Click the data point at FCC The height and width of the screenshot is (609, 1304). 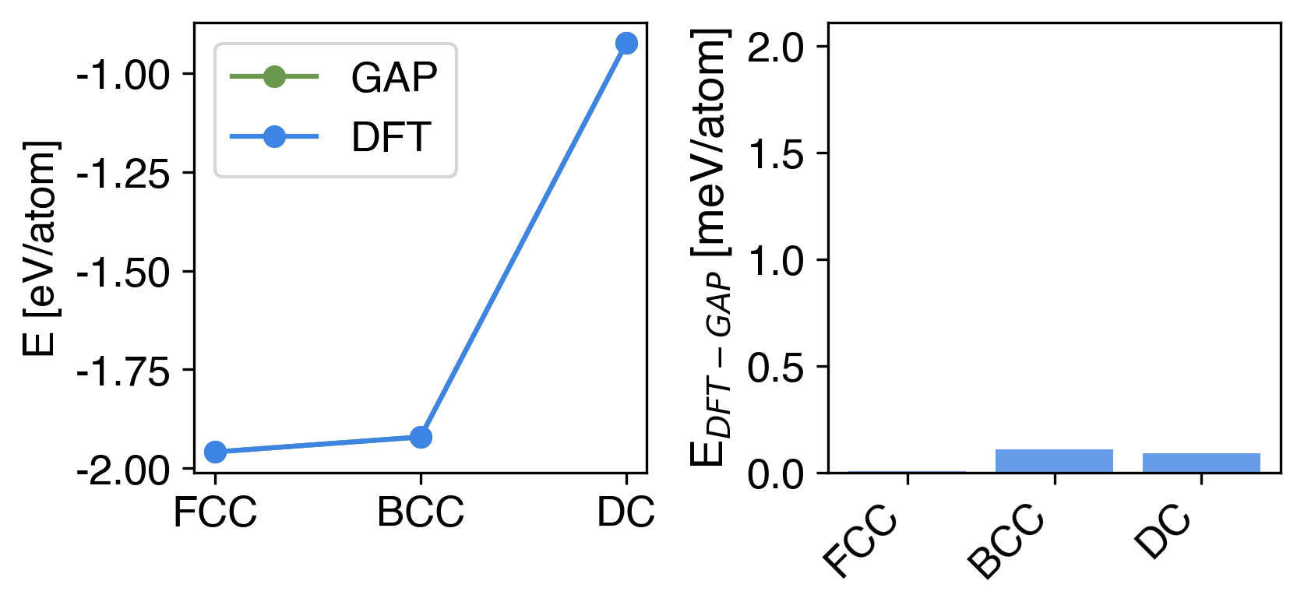click(215, 452)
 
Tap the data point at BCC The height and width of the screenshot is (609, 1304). click(421, 438)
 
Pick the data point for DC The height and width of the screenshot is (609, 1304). click(626, 44)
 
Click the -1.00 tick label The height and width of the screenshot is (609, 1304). click(123, 76)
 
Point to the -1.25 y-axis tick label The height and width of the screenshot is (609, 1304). click(123, 174)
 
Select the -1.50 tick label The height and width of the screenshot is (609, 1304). click(123, 273)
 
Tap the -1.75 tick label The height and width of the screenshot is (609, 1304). click(123, 372)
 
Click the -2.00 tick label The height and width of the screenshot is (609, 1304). click(123, 471)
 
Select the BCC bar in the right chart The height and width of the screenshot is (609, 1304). click(1054, 461)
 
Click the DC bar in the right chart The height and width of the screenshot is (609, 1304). click(1201, 463)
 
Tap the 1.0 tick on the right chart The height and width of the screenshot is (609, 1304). click(775, 261)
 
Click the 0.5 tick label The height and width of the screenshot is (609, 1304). click(775, 368)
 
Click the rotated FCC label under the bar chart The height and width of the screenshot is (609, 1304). click(860, 542)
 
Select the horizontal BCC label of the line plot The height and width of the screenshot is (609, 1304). click(421, 512)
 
